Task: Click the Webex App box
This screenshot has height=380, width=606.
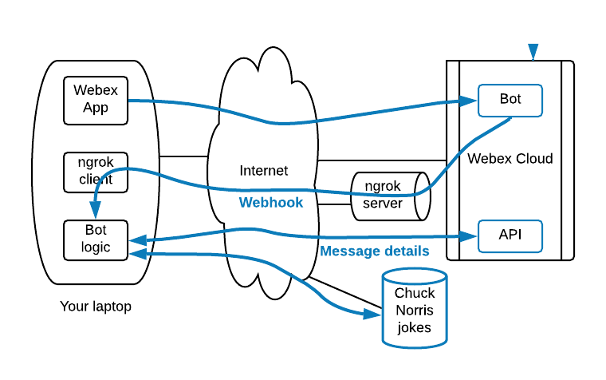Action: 96,100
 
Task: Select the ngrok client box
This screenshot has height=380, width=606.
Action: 96,172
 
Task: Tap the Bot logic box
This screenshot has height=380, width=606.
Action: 96,239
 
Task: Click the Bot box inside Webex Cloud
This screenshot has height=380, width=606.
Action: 510,100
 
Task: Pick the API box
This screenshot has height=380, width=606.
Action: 510,236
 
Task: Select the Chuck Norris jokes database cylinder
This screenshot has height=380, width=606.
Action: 414,310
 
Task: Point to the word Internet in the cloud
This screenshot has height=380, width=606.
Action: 264,171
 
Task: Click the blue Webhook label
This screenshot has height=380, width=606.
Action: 271,203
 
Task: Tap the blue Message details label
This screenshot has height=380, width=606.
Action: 374,251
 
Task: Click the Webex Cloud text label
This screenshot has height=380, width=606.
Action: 510,158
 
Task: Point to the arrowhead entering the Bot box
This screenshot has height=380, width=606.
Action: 470,101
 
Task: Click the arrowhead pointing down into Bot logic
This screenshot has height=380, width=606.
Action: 96,213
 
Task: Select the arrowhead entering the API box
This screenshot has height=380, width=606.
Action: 470,236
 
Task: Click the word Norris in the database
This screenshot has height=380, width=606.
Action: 414,310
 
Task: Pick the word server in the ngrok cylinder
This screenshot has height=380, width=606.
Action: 384,204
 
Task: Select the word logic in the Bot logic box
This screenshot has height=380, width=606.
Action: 96,247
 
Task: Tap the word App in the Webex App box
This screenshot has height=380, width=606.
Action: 96,108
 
